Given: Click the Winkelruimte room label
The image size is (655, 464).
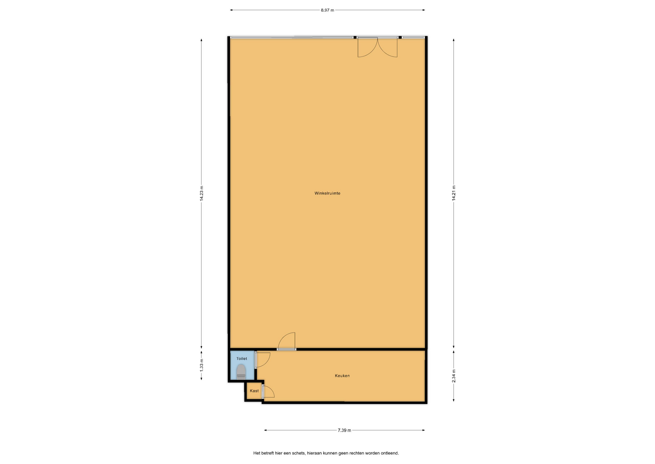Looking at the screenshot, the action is (327, 193).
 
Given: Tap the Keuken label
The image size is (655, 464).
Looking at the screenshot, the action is (342, 376).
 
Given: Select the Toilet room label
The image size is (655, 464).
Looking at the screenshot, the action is (242, 359).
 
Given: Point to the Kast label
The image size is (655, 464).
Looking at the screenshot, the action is (254, 391).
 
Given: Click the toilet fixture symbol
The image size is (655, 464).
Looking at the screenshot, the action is (241, 372).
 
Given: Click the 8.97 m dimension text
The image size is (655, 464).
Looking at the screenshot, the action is (327, 10).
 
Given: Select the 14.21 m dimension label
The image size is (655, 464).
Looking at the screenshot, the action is (454, 193).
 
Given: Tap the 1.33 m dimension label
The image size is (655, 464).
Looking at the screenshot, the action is (202, 365).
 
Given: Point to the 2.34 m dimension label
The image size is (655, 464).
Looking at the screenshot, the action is (454, 376).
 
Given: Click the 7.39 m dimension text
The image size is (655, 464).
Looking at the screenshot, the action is (344, 431).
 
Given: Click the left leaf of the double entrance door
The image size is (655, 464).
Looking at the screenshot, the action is (367, 47).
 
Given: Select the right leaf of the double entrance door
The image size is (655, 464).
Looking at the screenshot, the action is (388, 47).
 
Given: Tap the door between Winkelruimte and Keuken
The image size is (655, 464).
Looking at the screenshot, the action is (287, 341).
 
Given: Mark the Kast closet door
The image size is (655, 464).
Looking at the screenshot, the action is (268, 392).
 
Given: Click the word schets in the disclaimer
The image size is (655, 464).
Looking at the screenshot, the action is (299, 453).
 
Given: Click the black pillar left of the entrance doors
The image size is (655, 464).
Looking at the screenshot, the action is (355, 37).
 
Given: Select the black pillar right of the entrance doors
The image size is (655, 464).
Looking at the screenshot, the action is (400, 37).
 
